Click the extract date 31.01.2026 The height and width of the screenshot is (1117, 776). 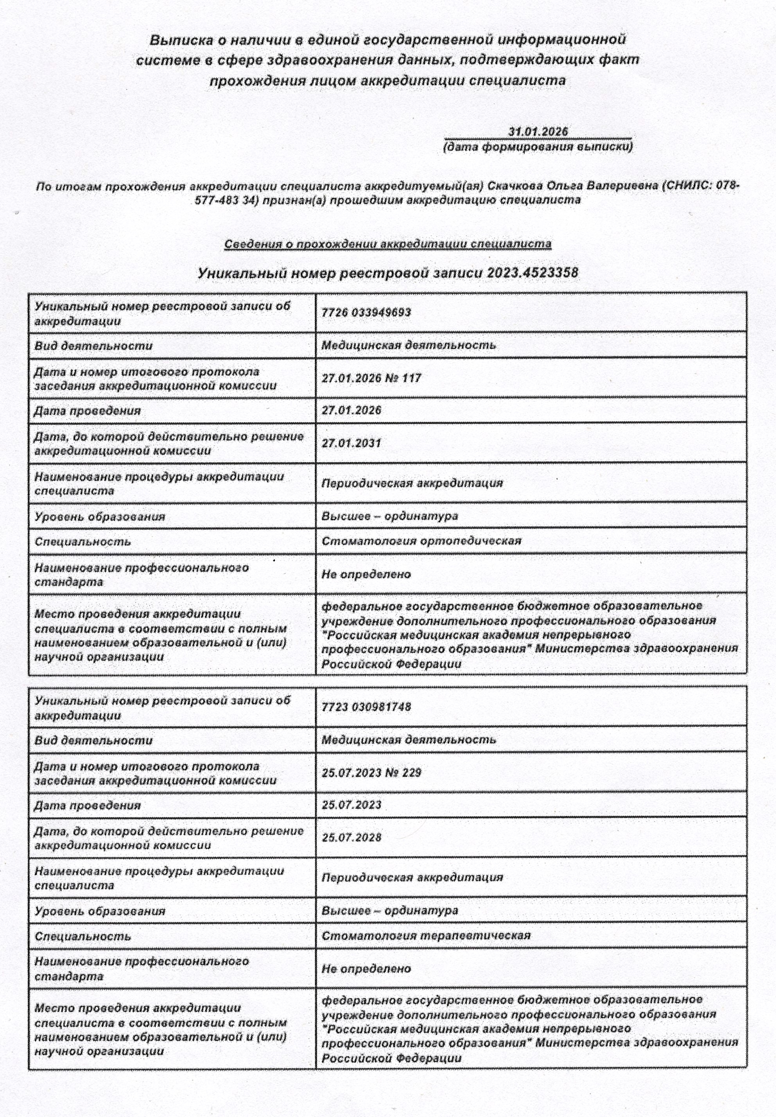pos(538,131)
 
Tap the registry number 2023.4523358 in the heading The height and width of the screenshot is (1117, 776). pos(532,272)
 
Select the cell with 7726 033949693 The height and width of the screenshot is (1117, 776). pos(366,312)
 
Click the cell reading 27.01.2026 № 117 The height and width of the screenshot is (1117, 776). pos(371,378)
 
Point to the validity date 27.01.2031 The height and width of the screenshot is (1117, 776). pos(351,443)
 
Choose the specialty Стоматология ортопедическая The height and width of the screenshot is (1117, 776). pos(421,540)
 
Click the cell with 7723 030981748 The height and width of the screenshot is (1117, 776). pos(366,707)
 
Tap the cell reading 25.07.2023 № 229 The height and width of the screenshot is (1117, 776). pos(371,772)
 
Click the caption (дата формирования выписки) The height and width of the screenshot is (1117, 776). pos(538,146)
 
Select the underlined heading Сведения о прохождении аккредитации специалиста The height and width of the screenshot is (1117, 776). pos(388,244)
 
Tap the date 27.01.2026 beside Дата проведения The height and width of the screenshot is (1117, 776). pos(351,410)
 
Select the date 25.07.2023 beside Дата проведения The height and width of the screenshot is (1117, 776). pos(351,804)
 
